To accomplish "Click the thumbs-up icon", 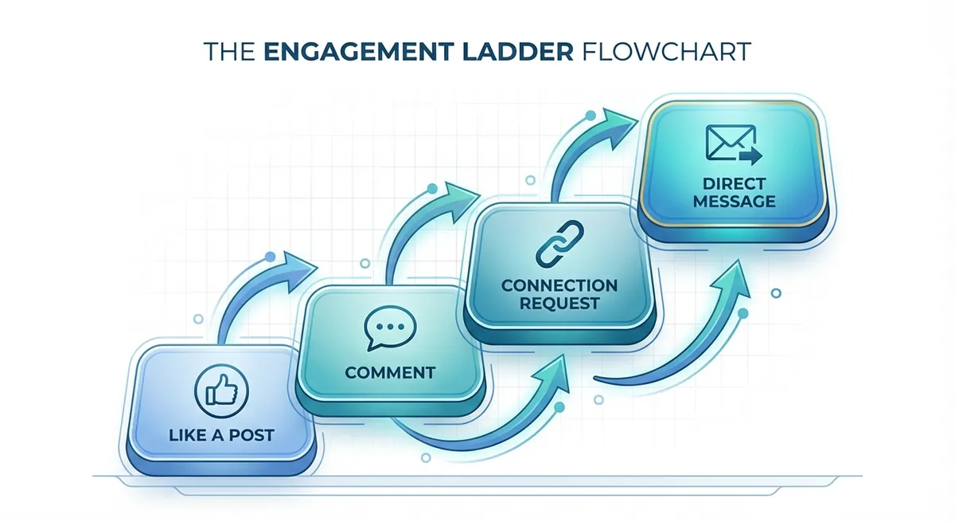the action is (221, 391).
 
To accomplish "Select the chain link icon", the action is (559, 244).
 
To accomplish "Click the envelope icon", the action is (733, 144).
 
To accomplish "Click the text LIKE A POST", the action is (221, 435).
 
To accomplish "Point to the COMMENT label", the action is (390, 373).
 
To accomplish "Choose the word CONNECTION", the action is (559, 285).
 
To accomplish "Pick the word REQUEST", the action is (559, 304).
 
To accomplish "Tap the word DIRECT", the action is (734, 184).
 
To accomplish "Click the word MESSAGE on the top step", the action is (734, 202).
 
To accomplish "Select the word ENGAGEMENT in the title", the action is (358, 52).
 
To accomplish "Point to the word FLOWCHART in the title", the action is (666, 52).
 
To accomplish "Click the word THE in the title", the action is (230, 52).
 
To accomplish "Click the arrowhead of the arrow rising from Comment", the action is (461, 200).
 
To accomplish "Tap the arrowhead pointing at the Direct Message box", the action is (618, 128).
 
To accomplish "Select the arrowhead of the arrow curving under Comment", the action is (552, 374).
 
